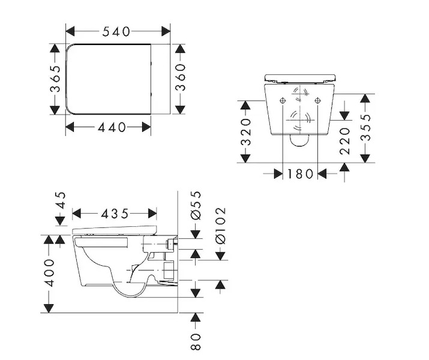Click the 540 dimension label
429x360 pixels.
click(x=116, y=32)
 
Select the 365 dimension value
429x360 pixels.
click(x=55, y=79)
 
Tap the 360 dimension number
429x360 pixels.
click(x=180, y=77)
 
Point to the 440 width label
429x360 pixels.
click(x=112, y=127)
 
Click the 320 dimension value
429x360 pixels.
click(x=245, y=132)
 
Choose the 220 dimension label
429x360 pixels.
click(x=345, y=141)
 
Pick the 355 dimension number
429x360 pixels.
click(x=365, y=127)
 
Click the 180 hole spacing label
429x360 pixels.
click(x=300, y=174)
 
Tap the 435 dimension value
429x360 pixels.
click(x=115, y=214)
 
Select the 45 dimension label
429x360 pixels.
click(x=61, y=200)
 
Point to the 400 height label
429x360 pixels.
click(x=50, y=273)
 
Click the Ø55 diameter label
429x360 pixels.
click(x=196, y=205)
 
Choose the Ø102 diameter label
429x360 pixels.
click(x=221, y=226)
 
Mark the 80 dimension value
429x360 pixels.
click(x=196, y=341)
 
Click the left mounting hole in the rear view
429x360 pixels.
click(x=283, y=101)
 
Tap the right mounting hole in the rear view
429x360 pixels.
click(x=317, y=101)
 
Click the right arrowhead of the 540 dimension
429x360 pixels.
click(x=166, y=31)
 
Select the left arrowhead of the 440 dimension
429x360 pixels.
click(x=70, y=127)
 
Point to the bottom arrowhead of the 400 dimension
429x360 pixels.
click(x=49, y=308)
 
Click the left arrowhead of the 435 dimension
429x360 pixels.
click(x=77, y=214)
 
